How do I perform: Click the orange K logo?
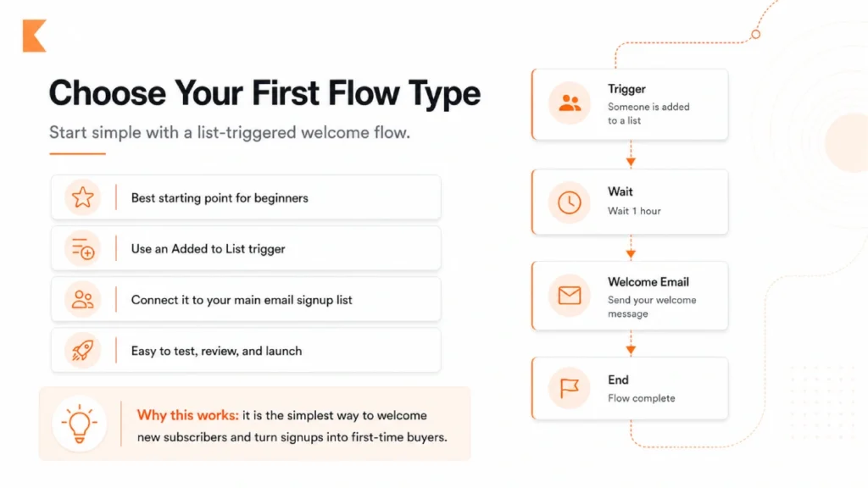pos(34,36)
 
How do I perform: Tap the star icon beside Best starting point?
pos(82,197)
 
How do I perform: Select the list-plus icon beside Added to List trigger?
pos(82,249)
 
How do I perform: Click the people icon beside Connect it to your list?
pos(82,300)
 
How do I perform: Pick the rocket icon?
pos(82,351)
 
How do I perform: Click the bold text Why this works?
pos(187,415)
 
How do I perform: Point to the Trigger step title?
pos(626,89)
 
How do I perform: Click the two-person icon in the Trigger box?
pos(570,103)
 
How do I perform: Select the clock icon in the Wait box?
pos(570,202)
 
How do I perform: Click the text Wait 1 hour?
pos(634,211)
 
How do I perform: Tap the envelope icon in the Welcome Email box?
pos(570,296)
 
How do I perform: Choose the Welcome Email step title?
pos(648,282)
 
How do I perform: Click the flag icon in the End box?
pos(570,388)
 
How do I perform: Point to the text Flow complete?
pos(642,398)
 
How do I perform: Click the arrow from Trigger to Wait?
pos(631,158)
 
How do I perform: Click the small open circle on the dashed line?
pos(756,34)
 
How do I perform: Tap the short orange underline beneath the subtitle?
pos(77,153)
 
